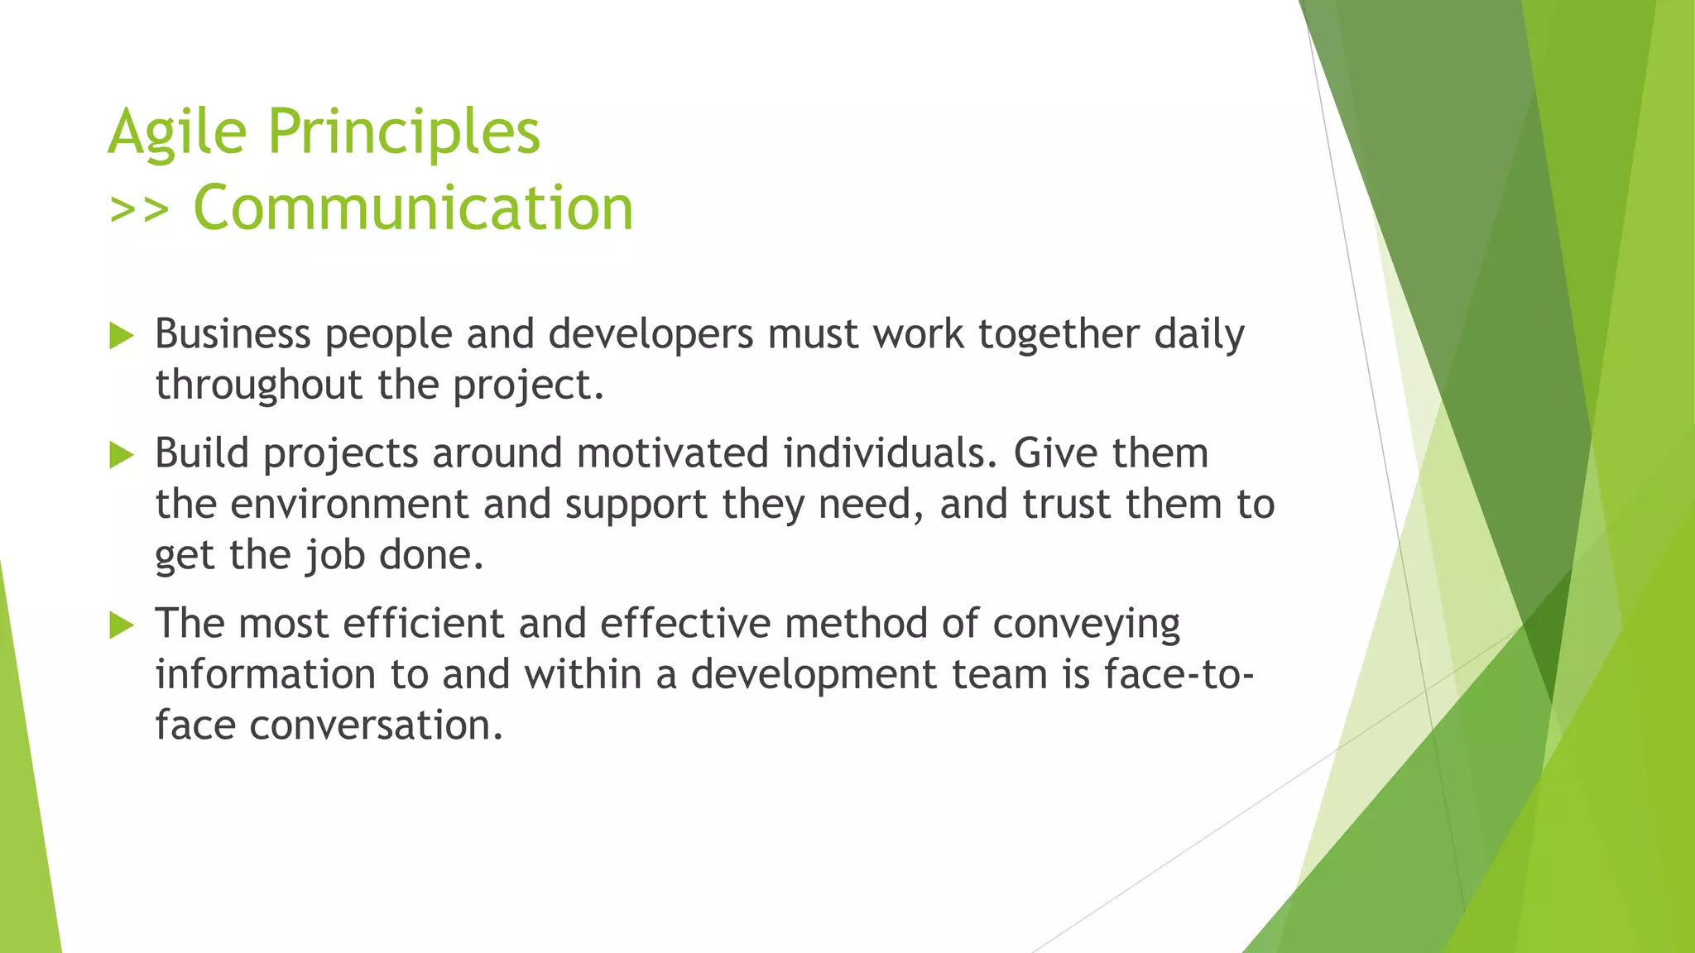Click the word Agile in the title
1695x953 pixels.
point(177,132)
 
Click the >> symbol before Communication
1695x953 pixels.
point(138,210)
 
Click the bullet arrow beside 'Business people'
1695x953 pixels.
point(121,336)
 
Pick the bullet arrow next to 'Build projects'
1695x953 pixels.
point(121,455)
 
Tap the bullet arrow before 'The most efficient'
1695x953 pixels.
point(121,625)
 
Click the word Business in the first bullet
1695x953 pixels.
point(233,334)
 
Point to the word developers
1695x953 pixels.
point(651,334)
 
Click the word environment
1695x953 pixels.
point(349,505)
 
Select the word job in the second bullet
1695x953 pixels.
point(335,556)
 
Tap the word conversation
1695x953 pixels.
point(376,726)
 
